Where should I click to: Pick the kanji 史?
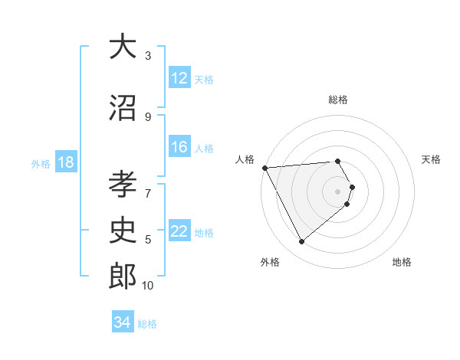coord(123,230)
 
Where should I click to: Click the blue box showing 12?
coord(179,77)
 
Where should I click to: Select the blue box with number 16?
coord(179,147)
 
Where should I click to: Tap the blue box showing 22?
coord(179,231)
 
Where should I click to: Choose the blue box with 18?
coord(65,162)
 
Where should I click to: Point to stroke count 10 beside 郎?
coord(148,286)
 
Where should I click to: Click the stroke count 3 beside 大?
coord(148,55)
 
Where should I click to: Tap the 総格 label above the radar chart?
coord(338,100)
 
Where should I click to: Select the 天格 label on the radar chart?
coord(432,159)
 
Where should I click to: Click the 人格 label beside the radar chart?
coord(245,159)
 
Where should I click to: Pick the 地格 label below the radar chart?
coord(402,262)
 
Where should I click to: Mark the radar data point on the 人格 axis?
coord(264,168)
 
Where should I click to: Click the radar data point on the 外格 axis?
coord(301,242)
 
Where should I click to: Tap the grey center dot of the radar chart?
coord(338,191)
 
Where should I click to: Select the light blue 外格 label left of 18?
coord(40,163)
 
